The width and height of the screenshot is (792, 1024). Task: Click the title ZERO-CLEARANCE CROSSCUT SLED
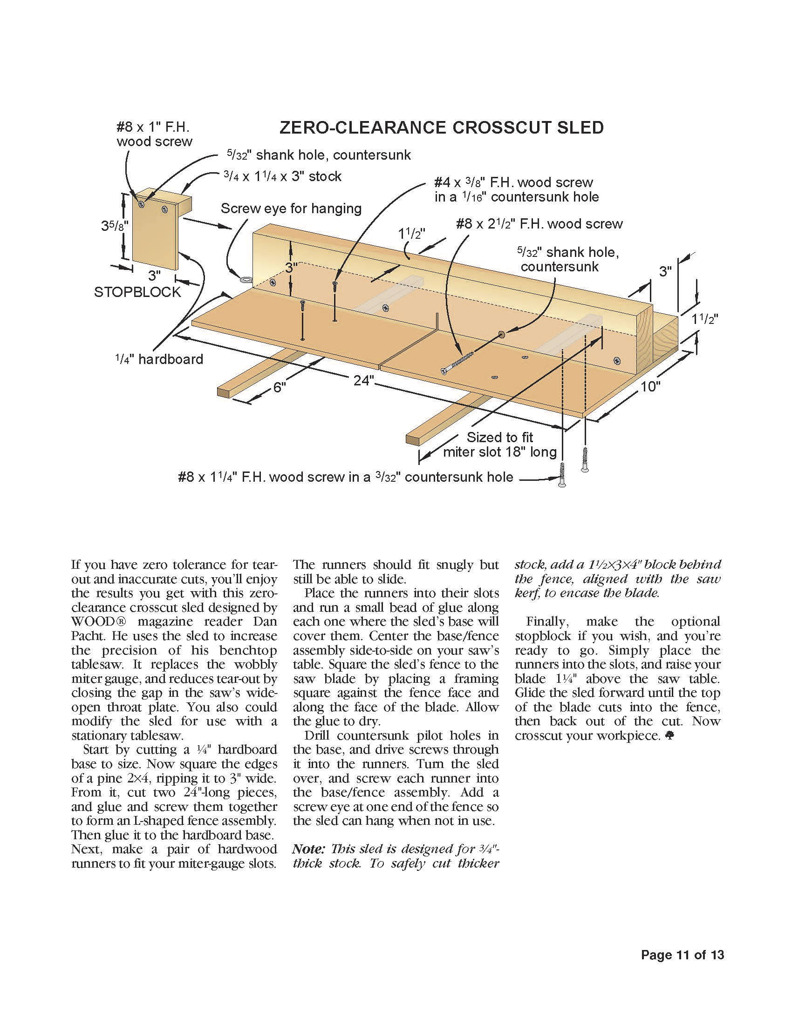441,128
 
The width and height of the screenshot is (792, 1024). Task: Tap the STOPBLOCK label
137,292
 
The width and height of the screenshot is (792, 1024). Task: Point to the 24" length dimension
364,380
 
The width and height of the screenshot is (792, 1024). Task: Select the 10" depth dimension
650,387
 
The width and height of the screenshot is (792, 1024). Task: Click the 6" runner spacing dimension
279,387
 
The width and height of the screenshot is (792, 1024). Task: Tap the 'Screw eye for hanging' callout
291,209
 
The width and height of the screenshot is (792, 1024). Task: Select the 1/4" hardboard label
159,360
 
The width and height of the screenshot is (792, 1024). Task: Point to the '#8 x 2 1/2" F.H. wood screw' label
539,224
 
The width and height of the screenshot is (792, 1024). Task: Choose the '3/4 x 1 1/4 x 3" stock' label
282,177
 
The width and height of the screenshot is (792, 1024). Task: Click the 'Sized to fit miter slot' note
499,445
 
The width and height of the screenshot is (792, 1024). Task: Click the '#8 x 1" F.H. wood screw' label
154,134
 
